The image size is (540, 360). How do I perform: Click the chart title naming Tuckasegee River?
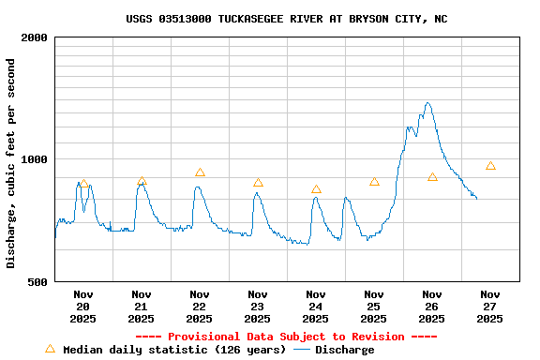286,19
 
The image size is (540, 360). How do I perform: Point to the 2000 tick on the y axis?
35,37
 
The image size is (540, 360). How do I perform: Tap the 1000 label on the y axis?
35,159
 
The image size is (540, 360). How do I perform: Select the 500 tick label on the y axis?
38,281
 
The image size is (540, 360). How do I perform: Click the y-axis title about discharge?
11,163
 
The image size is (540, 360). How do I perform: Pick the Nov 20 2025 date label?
82,307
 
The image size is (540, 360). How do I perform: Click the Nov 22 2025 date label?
199,307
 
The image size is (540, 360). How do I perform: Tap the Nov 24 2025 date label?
315,307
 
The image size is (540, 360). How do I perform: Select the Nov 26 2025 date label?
431,307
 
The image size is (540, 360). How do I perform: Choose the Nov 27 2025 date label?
489,307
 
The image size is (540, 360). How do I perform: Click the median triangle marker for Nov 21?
142,181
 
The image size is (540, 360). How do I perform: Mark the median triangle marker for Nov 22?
200,172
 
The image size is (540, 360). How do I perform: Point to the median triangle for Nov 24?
316,189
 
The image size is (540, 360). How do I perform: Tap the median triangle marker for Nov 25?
374,182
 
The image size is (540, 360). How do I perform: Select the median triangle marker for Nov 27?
490,166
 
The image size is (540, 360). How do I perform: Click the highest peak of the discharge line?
427,103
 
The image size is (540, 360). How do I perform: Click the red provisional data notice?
286,337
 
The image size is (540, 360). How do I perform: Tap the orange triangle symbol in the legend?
50,349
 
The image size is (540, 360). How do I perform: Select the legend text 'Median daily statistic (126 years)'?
174,350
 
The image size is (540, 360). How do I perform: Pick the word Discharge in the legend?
344,350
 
